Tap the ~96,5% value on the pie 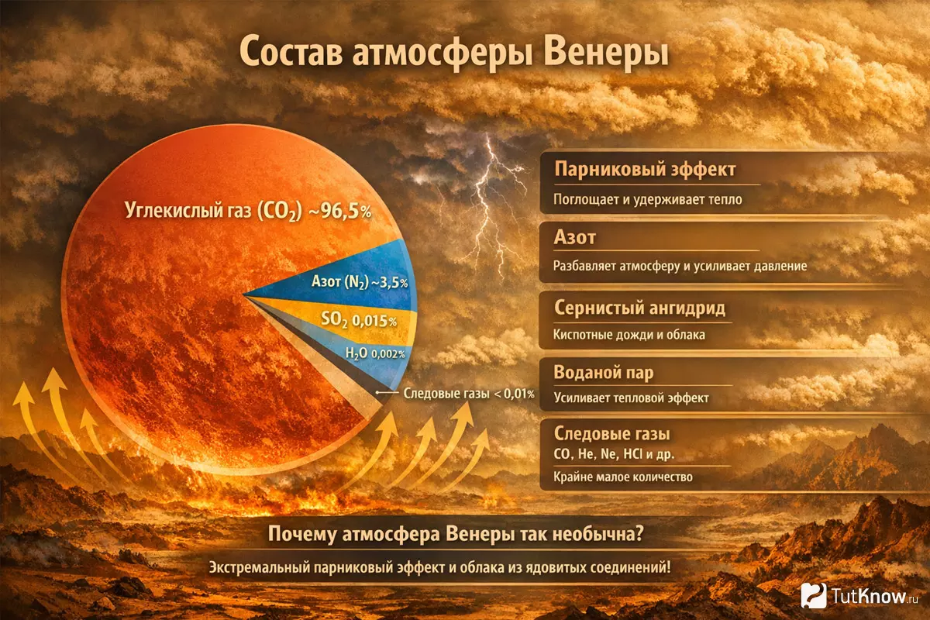tap(340, 212)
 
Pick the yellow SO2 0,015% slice tap(357, 320)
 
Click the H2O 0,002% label tap(375, 353)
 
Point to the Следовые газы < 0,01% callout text tap(469, 393)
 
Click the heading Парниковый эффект tap(645, 170)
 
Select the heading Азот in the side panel tap(575, 237)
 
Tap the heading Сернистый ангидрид tap(640, 308)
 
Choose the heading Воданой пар tap(604, 373)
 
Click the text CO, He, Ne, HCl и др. tap(614, 454)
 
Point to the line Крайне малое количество tap(623, 477)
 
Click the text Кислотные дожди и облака tap(629, 335)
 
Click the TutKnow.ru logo tap(859, 595)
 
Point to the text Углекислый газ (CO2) tap(213, 212)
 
